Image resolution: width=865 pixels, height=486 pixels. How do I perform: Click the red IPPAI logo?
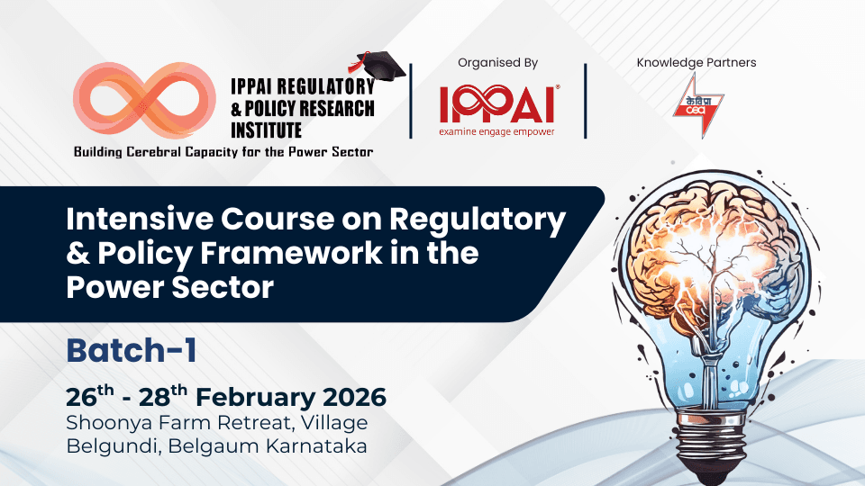(x=498, y=104)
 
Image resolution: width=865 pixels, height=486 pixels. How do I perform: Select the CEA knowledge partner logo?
(x=697, y=105)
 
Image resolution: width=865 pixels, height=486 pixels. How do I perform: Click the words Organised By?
(x=498, y=63)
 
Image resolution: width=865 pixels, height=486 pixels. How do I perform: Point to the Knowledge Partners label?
(x=697, y=63)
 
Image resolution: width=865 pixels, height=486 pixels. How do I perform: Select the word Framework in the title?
(x=293, y=255)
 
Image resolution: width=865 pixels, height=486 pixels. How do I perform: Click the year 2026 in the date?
(x=347, y=397)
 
